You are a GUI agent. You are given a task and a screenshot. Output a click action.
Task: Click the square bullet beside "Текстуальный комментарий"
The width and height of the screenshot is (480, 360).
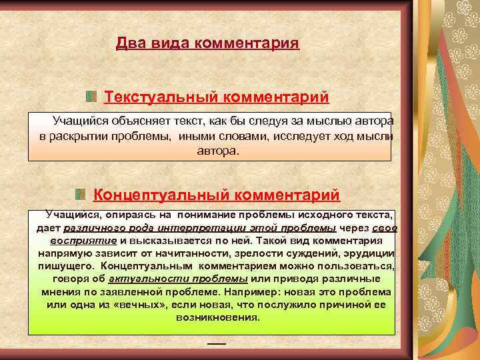tap(91, 97)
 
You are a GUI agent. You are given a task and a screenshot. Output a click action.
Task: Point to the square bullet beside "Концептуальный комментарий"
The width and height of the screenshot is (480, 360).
tap(80, 195)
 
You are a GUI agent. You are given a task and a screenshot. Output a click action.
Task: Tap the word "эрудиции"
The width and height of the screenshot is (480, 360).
tap(367, 253)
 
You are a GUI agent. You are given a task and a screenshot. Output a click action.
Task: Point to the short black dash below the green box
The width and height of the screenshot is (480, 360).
tap(217, 343)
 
